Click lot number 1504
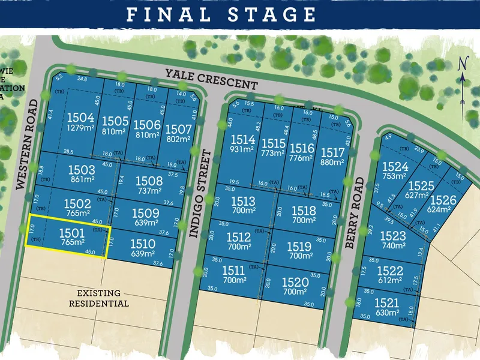tap(80, 118)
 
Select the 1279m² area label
tap(80, 128)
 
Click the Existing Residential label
tap(103, 298)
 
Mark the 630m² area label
tap(387, 312)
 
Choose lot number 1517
tap(333, 152)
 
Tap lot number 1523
tap(393, 236)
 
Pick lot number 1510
tap(143, 244)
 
